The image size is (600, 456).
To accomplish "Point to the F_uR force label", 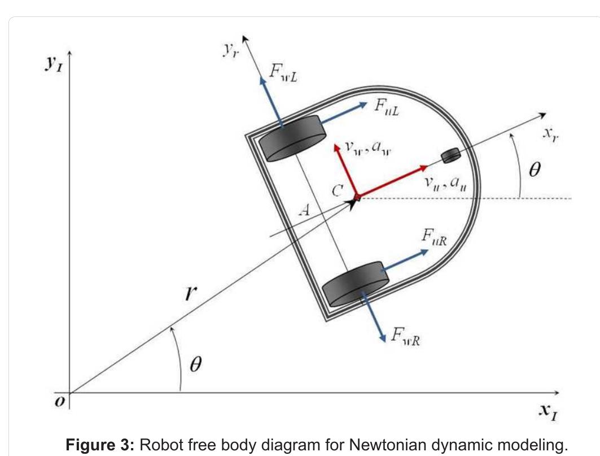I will (x=434, y=237).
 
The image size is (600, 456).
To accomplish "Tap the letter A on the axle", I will (x=304, y=210).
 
